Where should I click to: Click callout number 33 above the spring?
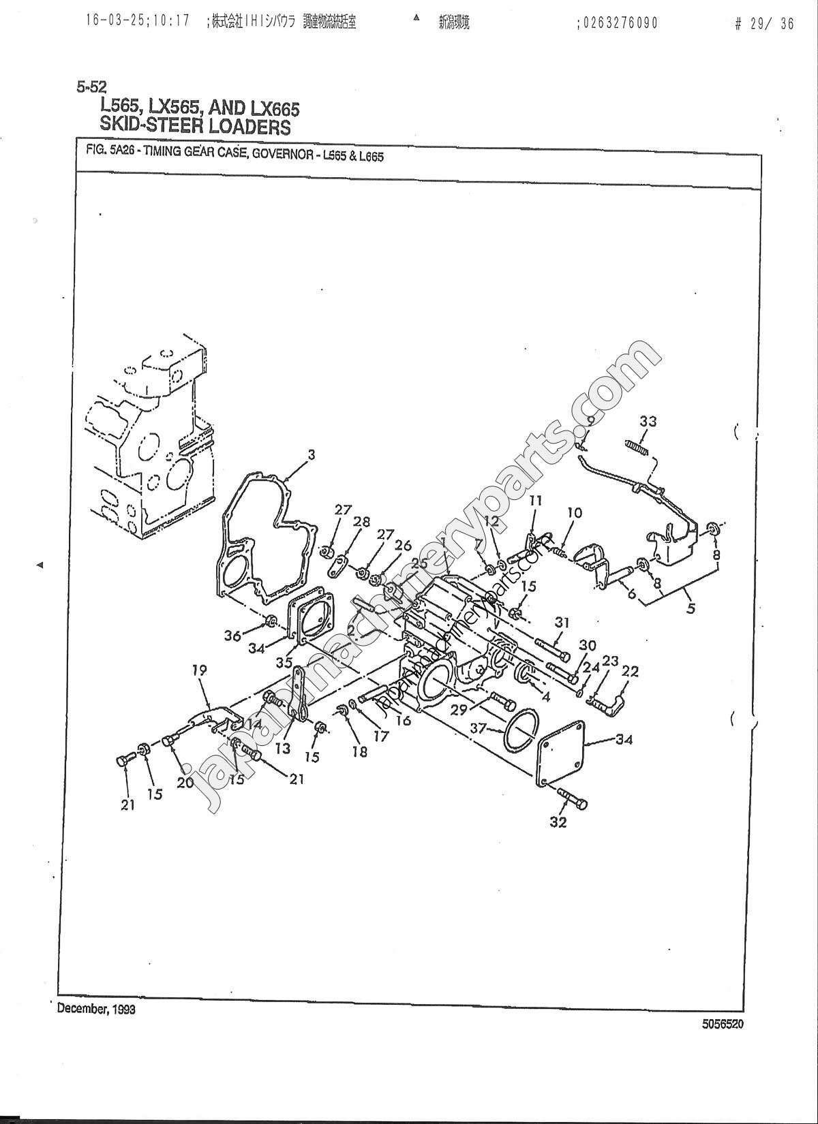648,421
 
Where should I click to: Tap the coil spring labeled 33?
635,447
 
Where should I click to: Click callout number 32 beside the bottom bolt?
559,822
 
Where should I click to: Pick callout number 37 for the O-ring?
478,728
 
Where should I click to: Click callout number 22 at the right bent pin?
631,671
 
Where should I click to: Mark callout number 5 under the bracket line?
691,609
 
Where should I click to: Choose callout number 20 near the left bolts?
185,783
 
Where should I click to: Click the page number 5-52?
91,87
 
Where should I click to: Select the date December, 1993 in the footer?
96,1009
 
